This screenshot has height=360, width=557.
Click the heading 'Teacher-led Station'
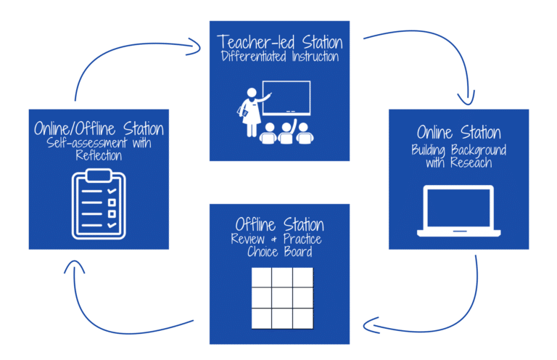coord(279,42)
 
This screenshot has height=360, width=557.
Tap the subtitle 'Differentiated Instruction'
coord(279,56)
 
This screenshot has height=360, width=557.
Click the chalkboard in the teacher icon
coord(286,97)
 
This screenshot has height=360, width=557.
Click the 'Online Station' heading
coord(458,132)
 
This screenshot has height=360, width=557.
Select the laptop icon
coord(458,211)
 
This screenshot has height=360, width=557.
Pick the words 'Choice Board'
coord(279,253)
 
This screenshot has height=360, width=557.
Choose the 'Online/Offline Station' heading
coord(99,129)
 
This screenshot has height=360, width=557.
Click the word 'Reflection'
coord(99,156)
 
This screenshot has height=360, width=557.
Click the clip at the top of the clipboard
coord(98,175)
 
